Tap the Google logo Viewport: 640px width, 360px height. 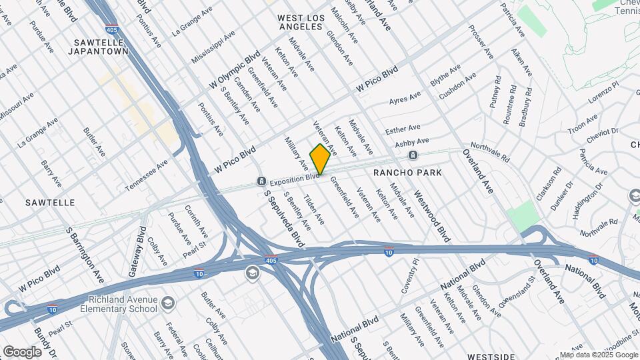[22, 351]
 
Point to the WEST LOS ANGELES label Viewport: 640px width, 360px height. [300, 22]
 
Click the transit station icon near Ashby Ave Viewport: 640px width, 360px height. [413, 155]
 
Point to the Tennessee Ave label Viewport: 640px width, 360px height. [147, 176]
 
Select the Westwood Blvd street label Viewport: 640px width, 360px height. [432, 217]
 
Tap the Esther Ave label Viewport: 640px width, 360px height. [403, 129]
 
